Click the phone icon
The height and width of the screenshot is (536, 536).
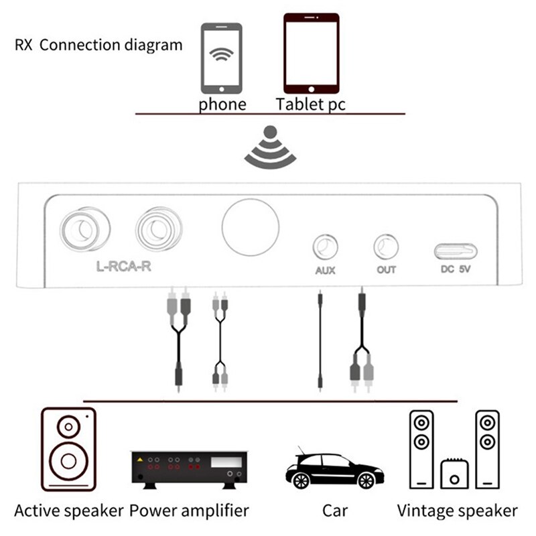tap(222, 58)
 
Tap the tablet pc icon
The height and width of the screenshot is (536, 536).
tap(311, 53)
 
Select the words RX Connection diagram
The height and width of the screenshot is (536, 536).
tap(98, 46)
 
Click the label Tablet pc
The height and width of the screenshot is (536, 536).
tap(311, 105)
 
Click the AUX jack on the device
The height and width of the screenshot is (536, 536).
tap(325, 247)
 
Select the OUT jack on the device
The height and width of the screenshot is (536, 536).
tap(386, 247)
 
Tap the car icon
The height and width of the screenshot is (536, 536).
tap(334, 468)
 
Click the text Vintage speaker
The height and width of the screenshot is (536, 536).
tap(457, 511)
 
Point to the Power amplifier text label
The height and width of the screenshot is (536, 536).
tap(189, 511)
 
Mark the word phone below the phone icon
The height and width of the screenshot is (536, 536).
tap(222, 105)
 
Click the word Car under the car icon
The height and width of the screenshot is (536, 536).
tap(335, 511)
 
